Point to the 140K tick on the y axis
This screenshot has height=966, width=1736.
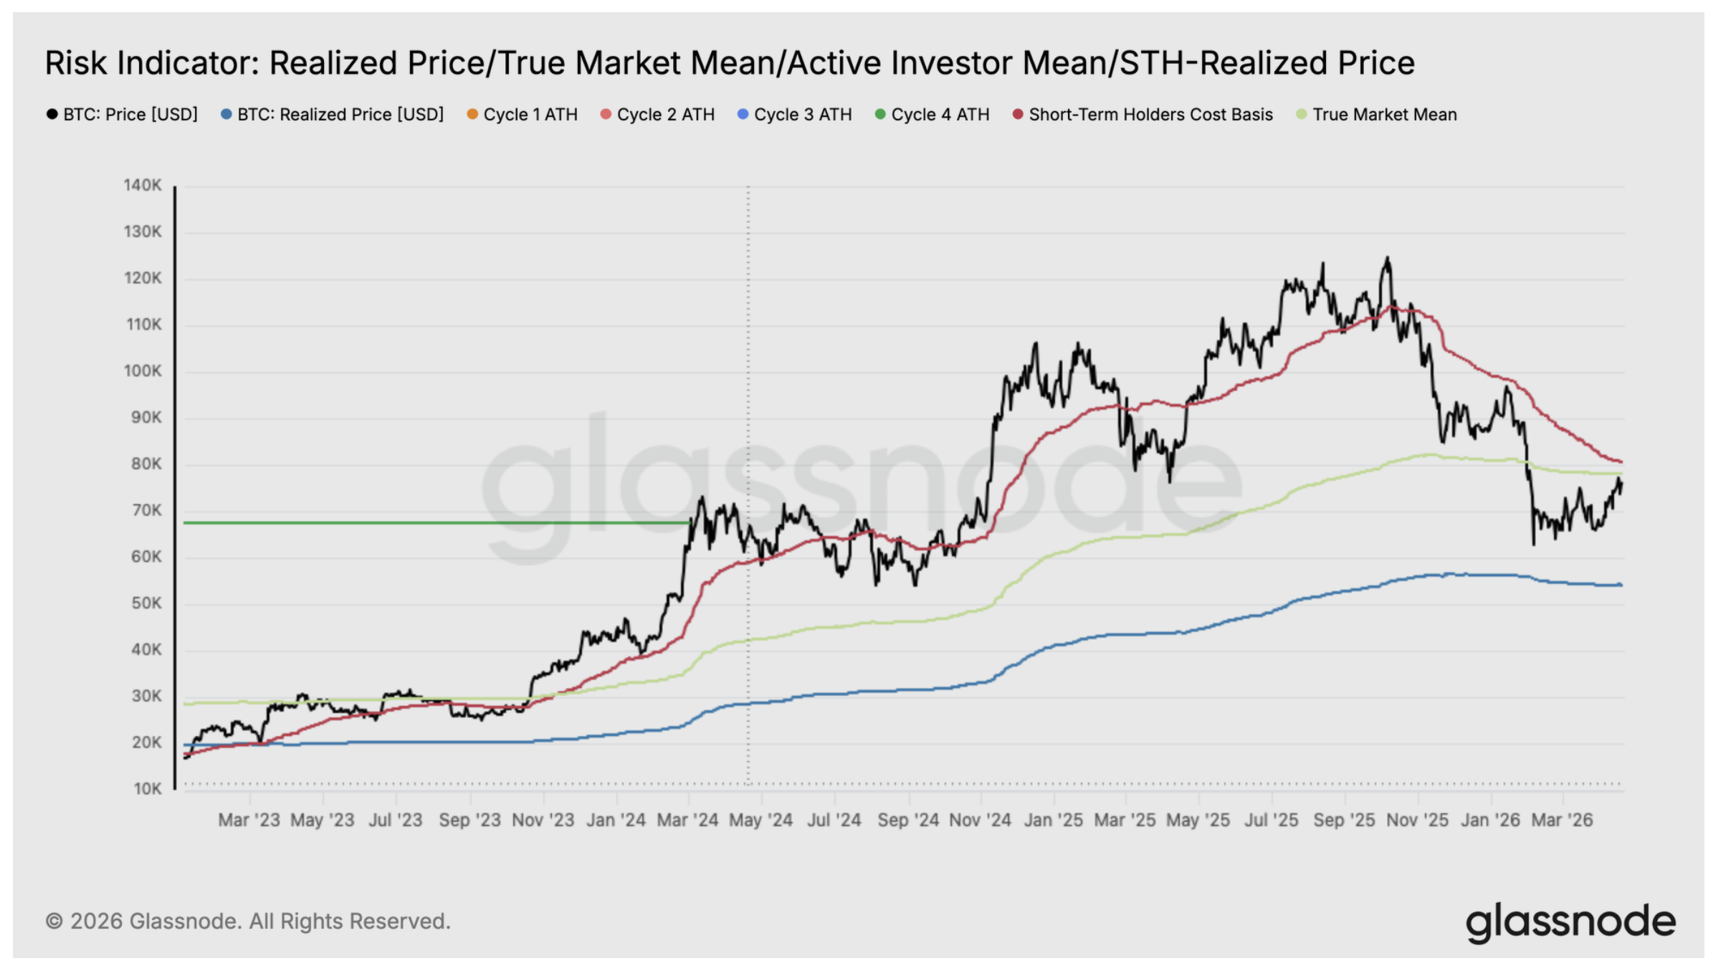pos(143,186)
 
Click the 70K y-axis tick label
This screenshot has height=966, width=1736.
pos(146,510)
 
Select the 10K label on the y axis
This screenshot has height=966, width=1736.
pos(148,789)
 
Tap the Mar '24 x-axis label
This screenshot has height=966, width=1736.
pos(687,821)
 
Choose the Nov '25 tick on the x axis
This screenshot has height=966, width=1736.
pos(1417,821)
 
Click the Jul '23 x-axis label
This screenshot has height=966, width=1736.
pos(395,821)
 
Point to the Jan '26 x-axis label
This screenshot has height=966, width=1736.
pos(1490,821)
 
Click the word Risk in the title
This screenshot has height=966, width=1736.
pos(76,63)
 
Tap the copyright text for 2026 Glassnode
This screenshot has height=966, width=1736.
pos(248,922)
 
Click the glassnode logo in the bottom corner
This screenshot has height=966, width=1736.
pos(1570,922)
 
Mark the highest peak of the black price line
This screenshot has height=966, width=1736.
pos(1388,258)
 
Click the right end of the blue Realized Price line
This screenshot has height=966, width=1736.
pos(1621,585)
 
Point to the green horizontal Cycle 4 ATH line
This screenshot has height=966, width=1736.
pos(430,522)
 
